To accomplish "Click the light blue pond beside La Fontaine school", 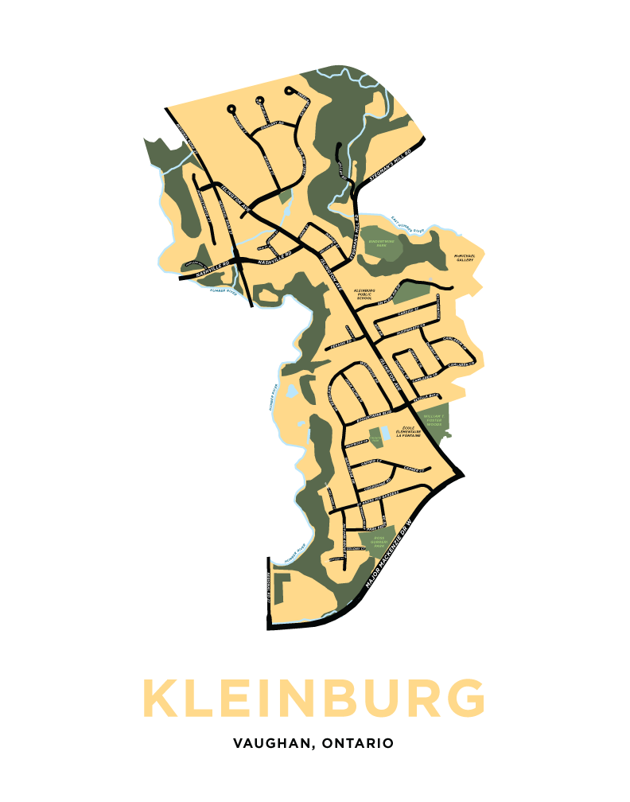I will (x=385, y=433).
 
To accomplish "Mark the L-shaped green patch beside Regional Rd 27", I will (x=283, y=589).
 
